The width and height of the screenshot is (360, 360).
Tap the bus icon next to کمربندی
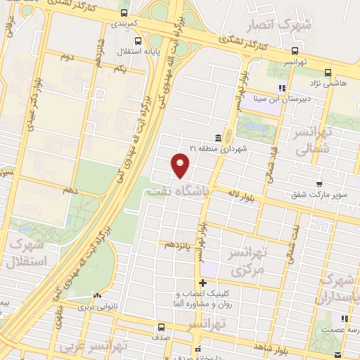click(124, 12)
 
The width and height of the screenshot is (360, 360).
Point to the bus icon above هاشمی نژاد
click(328, 72)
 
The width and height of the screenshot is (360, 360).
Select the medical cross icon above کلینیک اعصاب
click(202, 283)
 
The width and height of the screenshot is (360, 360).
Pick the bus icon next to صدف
click(162, 326)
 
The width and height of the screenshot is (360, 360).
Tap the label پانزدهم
click(177, 245)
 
